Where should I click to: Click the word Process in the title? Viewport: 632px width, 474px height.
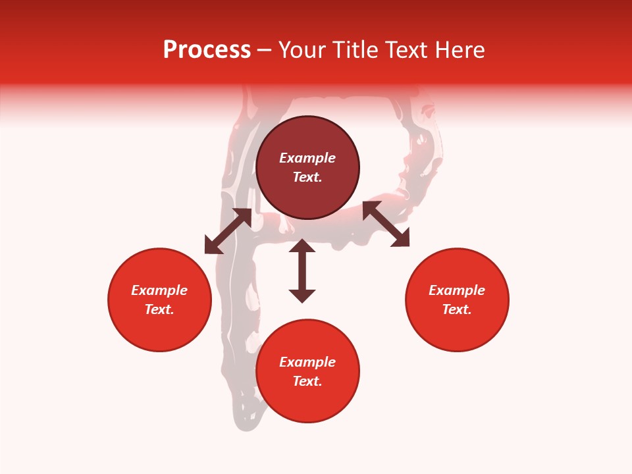(207, 50)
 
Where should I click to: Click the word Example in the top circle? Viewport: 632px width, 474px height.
(307, 158)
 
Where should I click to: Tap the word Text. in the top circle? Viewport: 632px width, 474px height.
(307, 177)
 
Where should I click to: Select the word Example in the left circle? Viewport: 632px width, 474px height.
(159, 290)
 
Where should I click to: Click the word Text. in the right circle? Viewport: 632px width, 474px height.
(457, 309)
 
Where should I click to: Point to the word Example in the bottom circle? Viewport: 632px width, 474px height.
(307, 362)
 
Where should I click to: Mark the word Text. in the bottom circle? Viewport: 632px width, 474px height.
(307, 381)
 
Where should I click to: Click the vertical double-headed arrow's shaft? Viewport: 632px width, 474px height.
(302, 271)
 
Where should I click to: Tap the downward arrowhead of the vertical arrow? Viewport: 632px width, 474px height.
(302, 296)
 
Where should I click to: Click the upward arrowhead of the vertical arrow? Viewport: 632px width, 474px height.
(302, 246)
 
